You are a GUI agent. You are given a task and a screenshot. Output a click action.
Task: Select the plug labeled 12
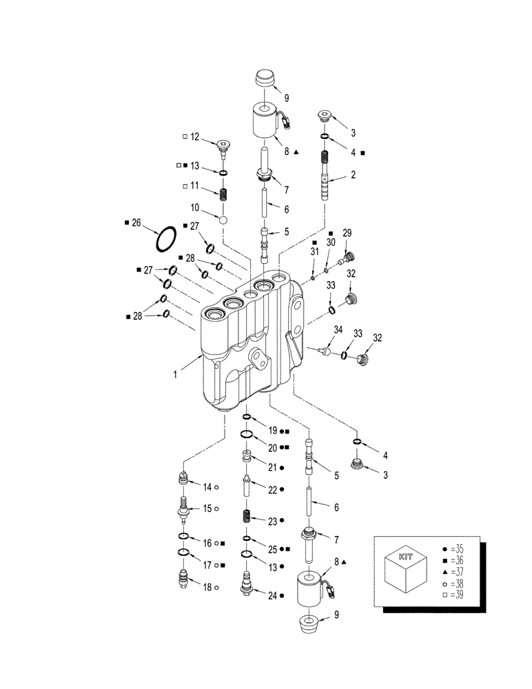[222, 145]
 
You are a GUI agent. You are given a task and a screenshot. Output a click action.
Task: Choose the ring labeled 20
[247, 434]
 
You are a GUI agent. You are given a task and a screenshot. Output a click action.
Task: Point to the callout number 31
[314, 254]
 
